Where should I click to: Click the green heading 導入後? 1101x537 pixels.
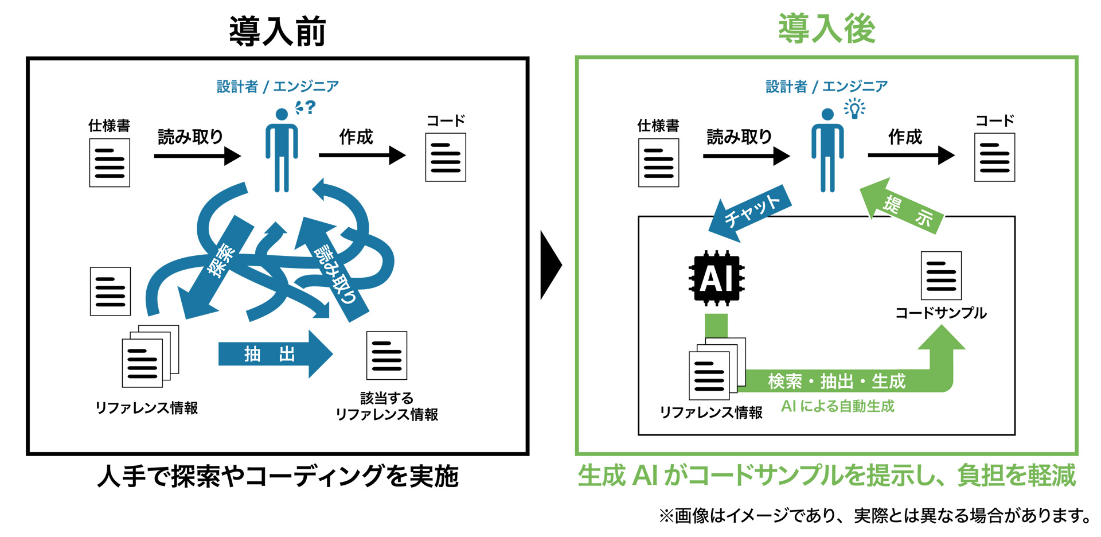826,29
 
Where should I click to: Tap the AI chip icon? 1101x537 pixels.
716,278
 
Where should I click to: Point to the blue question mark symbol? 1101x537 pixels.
310,107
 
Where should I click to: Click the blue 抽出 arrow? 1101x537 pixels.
274,354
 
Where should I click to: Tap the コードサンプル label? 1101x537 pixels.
940,313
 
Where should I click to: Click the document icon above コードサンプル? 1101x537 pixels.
941,275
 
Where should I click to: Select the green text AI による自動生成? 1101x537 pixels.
837,407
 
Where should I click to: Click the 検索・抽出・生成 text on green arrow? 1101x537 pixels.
836,381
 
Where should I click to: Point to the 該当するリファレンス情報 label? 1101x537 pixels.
386,406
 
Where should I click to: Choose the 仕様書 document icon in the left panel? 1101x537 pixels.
110,163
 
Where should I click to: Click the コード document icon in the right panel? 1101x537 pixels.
994,158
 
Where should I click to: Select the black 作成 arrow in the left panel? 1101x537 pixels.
362,155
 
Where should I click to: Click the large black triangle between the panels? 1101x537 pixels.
550,265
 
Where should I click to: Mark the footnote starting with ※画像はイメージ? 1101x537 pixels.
875,516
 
